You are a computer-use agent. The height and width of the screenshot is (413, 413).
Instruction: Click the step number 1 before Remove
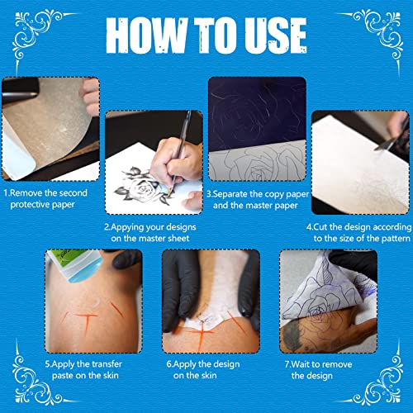[6, 192]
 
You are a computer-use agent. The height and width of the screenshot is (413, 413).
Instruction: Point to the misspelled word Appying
[127, 227]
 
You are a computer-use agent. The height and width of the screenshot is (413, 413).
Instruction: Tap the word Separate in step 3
[230, 194]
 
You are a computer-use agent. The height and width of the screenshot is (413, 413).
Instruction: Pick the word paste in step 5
[63, 376]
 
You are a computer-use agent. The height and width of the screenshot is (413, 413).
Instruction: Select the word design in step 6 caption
[226, 364]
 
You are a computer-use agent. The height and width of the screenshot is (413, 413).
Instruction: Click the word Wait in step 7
[301, 364]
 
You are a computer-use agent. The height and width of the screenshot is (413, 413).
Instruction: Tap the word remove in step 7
[339, 365]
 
